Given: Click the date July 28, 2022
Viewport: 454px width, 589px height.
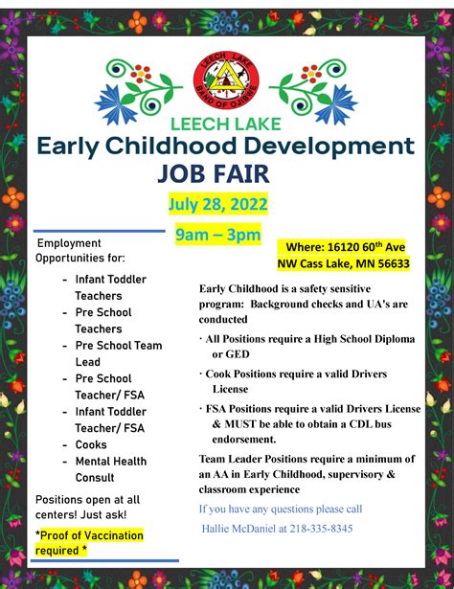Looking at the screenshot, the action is click(219, 205).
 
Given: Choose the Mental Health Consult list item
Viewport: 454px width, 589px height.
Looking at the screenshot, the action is click(112, 469).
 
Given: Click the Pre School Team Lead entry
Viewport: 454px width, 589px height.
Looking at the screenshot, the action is click(118, 353).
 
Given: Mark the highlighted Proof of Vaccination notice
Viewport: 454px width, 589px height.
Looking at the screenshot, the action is click(88, 542).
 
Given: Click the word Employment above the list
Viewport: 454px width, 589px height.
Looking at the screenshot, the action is click(69, 243).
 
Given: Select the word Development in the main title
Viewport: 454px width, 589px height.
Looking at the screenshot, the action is click(326, 147).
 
